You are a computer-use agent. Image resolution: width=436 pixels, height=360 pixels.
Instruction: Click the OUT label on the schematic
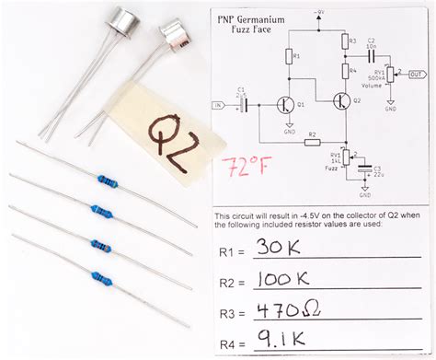click(417, 75)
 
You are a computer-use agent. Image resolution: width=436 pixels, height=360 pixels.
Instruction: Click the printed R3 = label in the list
click(232, 314)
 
